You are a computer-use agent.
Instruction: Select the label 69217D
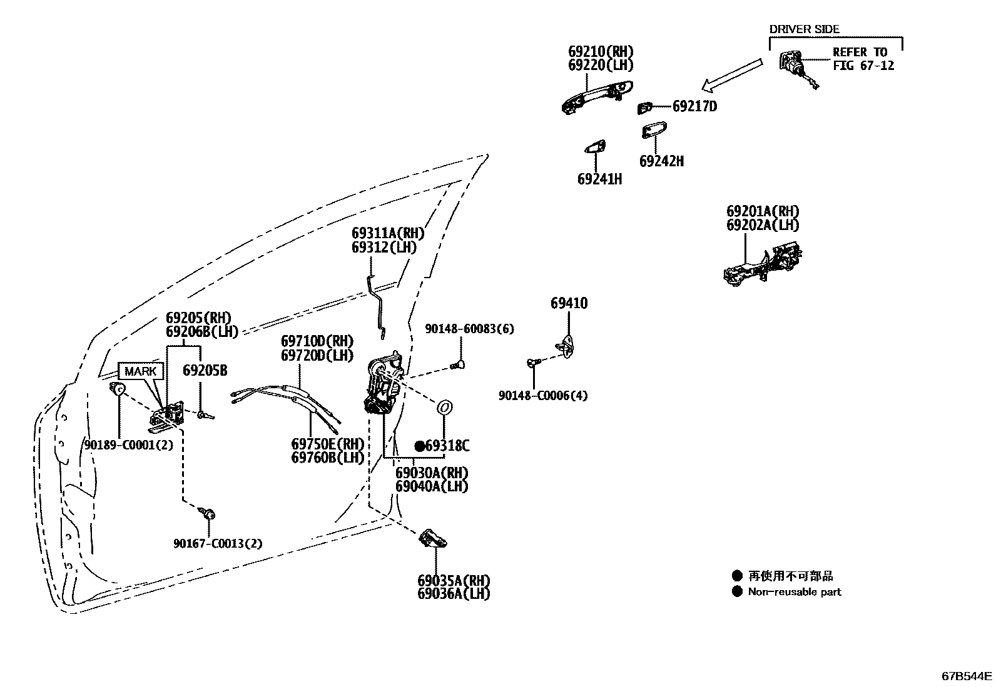point(694,106)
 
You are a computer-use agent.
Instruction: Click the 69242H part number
point(661,161)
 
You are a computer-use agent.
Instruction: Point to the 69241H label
point(599,179)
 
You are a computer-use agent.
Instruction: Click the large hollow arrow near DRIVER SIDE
point(732,74)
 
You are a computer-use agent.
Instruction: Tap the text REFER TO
point(860,53)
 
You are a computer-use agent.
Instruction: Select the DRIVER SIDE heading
point(804,29)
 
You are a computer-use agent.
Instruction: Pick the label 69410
point(569,304)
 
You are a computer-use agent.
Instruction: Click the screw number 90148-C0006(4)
point(543,396)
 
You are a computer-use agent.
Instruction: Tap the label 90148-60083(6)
point(469,329)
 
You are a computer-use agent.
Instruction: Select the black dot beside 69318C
point(420,446)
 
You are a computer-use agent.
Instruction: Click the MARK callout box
point(141,371)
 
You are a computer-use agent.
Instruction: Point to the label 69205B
point(205,371)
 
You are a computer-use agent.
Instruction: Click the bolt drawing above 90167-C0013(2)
point(209,514)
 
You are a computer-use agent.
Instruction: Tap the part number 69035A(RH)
point(454,580)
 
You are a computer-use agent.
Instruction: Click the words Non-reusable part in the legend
point(795,592)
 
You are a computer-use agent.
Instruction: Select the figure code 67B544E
point(967,676)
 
